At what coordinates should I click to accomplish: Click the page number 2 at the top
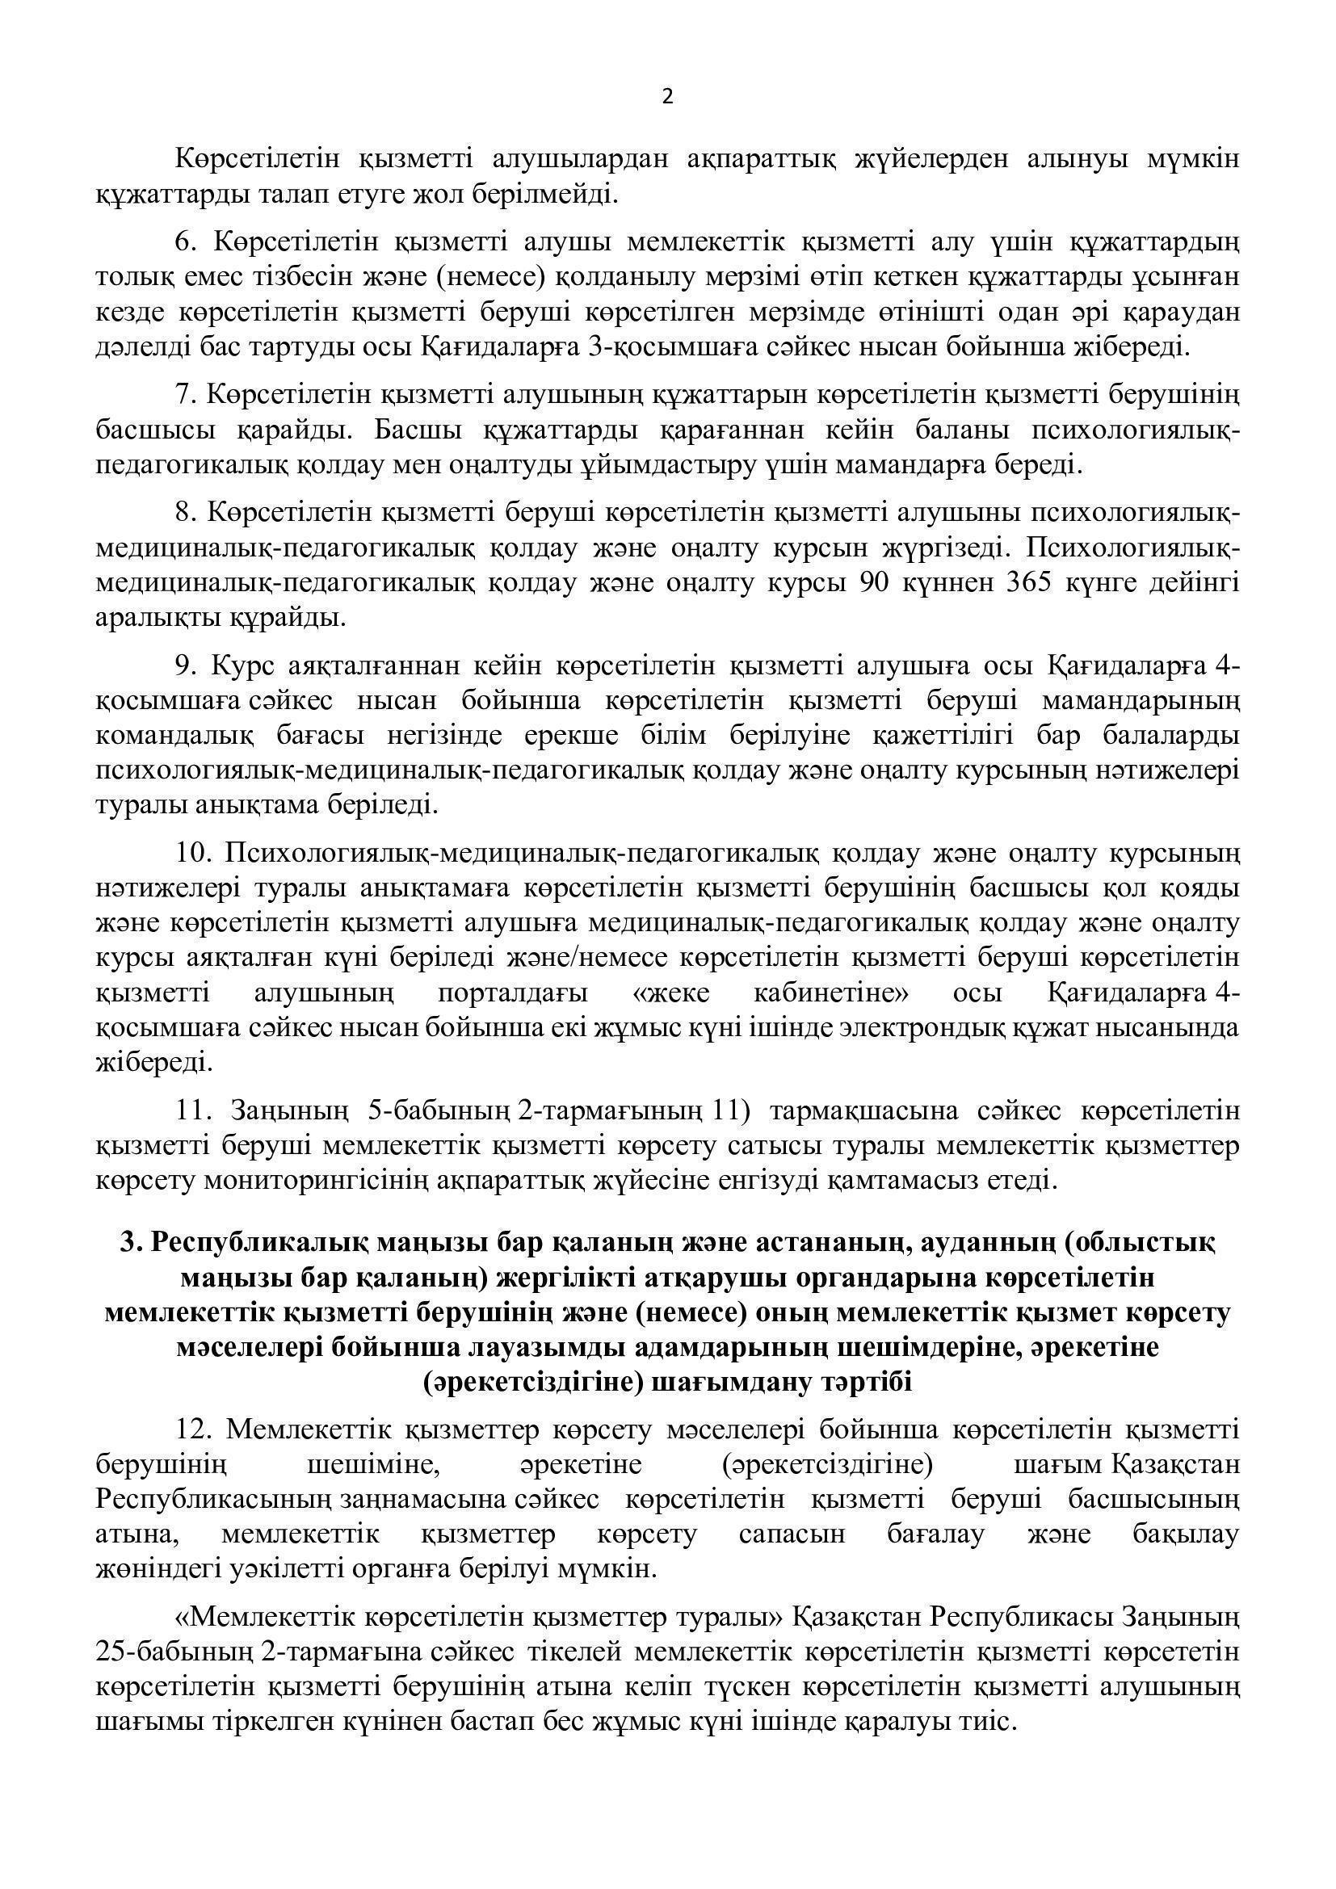pos(667,98)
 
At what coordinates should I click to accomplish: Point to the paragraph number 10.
pos(193,853)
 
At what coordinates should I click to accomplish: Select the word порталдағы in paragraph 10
pos(514,993)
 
